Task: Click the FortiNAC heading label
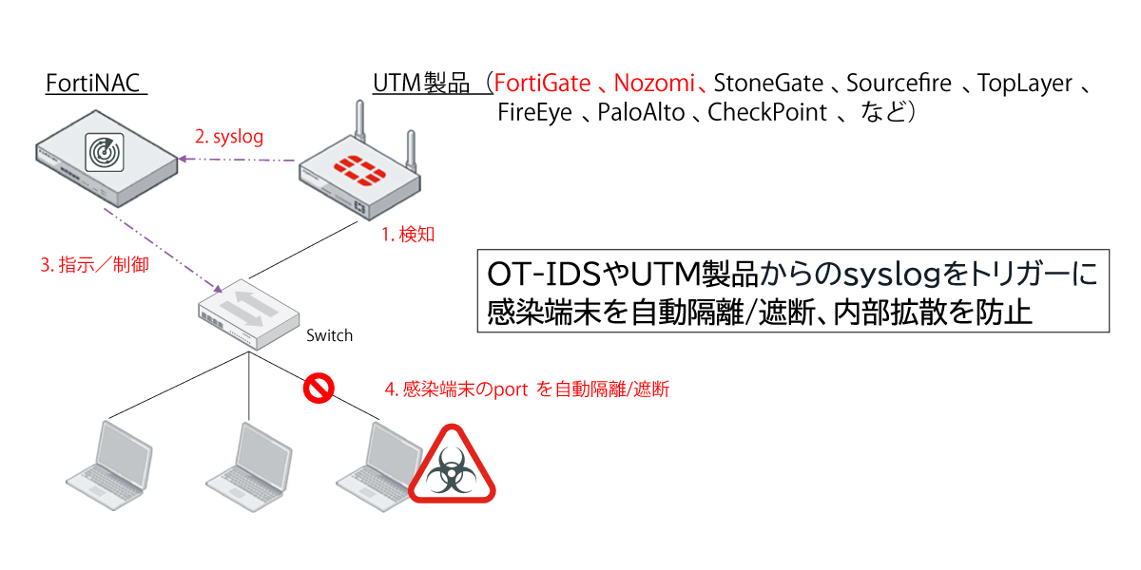coord(94,84)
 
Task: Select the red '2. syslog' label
coord(229,137)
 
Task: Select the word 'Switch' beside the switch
coord(329,335)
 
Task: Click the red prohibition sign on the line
coord(317,388)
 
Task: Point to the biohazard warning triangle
coord(452,468)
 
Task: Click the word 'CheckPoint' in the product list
coord(767,113)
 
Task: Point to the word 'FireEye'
coord(534,113)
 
